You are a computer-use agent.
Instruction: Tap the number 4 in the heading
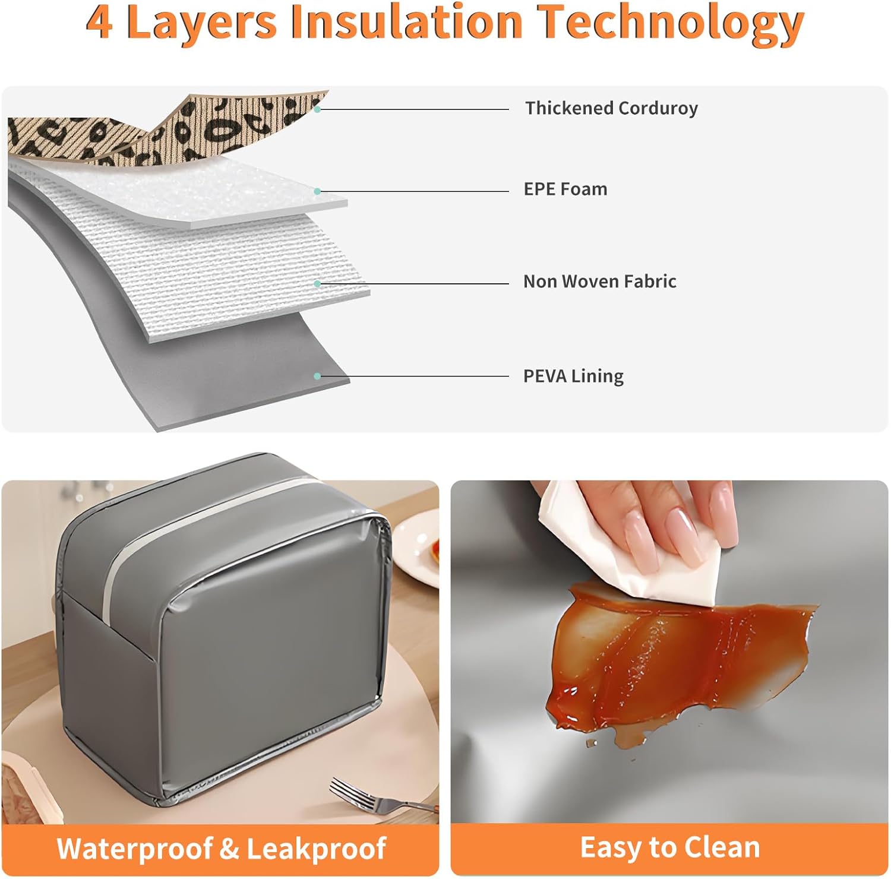coord(100,23)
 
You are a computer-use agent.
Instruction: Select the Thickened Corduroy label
coord(611,108)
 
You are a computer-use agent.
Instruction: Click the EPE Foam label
coord(565,189)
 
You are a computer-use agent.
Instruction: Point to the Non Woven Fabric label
coord(600,281)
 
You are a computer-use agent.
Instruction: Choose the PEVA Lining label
coord(573,376)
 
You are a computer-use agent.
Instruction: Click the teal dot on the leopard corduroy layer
coord(318,109)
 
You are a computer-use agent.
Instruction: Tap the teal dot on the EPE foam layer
coord(318,191)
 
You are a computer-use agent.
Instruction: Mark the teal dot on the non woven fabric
coord(318,284)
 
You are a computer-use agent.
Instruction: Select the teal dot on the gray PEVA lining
coord(318,376)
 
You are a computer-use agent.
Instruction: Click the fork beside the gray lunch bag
coord(380,798)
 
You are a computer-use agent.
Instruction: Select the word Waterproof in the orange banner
coord(135,849)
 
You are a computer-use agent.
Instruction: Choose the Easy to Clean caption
coord(670,848)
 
